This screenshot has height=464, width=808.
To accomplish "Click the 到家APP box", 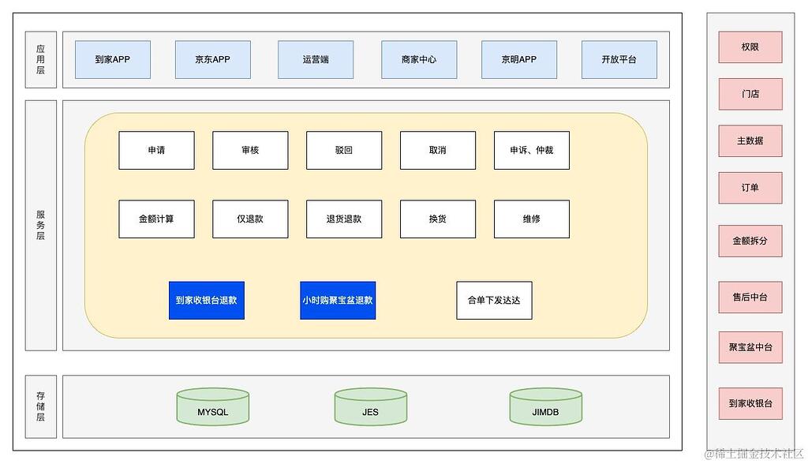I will coord(112,60).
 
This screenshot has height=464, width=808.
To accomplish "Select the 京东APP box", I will coord(212,60).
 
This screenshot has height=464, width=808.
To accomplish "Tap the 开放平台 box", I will coord(619,60).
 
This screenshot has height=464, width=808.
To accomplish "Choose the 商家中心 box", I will coord(418,60).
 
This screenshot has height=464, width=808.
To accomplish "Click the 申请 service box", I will coord(156,150).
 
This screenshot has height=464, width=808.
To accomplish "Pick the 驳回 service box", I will coord(344,150).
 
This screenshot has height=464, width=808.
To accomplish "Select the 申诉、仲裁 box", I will coord(532,150).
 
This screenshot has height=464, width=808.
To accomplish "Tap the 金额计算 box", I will coord(156,219).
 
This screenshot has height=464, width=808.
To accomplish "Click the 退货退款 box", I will coord(344,219).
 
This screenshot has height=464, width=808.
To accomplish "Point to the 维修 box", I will coord(532,219).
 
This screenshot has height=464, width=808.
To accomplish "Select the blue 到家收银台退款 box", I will coord(206,301).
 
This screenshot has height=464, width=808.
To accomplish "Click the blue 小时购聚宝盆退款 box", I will coord(338,301).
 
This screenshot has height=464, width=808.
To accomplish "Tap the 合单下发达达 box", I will coord(494,301).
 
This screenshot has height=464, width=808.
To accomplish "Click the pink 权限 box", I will coord(750,47).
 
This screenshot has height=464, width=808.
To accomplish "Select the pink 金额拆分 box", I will coord(750,241).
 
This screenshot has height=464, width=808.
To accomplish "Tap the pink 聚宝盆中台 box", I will coord(750,347).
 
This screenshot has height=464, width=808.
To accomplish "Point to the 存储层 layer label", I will coord(41,406).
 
